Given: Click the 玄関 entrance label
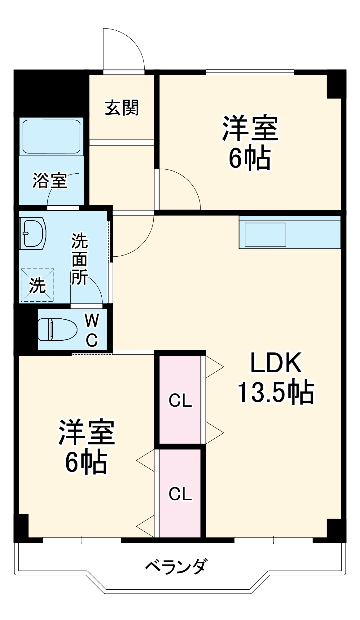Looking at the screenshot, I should (122, 108).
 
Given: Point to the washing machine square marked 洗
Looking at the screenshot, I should (37, 285).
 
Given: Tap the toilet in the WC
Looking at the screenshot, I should (57, 330).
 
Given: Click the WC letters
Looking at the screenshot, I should (92, 330).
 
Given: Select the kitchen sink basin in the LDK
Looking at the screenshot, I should (266, 234).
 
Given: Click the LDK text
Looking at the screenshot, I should (275, 363).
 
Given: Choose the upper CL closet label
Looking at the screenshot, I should (180, 401).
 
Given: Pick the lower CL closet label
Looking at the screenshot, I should (180, 494).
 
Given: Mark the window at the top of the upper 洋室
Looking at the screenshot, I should (250, 72).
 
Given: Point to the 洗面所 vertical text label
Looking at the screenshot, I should (79, 259).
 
